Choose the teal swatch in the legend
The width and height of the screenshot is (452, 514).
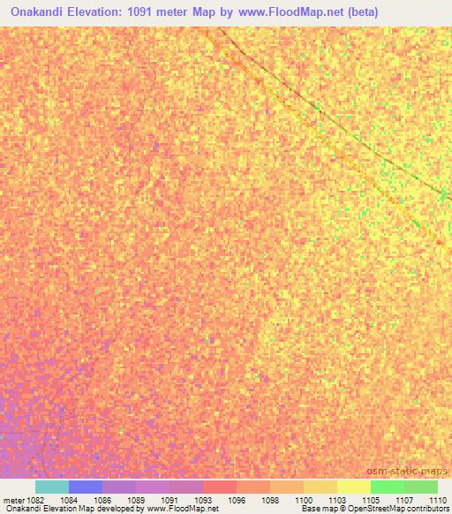tap(52, 487)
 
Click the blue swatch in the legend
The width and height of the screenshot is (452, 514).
tap(86, 487)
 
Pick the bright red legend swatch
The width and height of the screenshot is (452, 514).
tap(220, 487)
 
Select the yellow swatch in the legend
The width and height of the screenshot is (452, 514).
tap(354, 487)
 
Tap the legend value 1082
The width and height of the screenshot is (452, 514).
tap(34, 500)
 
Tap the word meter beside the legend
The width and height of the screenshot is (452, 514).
tap(11, 500)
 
